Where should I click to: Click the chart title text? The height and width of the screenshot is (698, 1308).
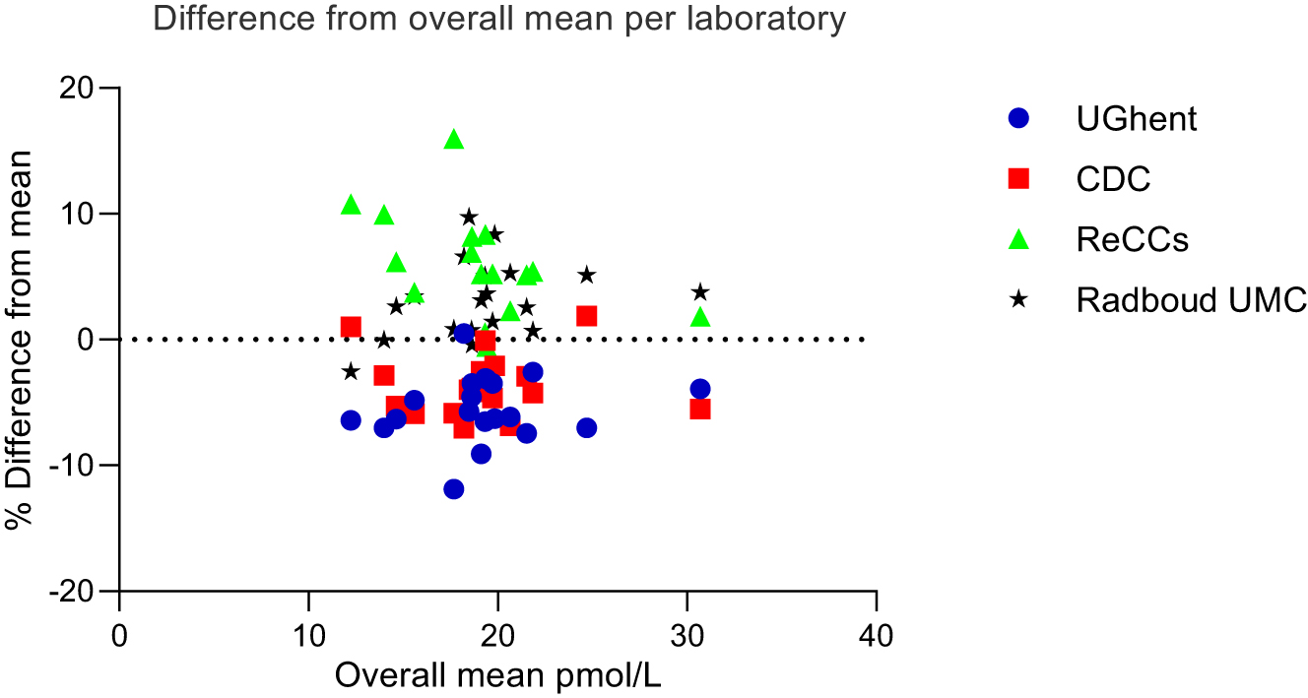point(498,20)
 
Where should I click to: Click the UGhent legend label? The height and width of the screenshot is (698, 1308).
point(1137,119)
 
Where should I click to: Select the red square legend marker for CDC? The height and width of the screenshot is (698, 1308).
point(1018,178)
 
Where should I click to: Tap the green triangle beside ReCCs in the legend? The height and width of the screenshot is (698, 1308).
point(1018,238)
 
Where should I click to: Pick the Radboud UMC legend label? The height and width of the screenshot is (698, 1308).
point(1191,299)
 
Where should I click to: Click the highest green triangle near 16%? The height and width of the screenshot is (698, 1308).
point(454,140)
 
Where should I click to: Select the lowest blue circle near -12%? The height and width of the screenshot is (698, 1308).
point(454,489)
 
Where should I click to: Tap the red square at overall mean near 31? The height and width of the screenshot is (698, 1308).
point(700,409)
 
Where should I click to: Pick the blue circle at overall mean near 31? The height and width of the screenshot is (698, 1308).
point(700,389)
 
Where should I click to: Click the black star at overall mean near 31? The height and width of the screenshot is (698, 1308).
point(700,292)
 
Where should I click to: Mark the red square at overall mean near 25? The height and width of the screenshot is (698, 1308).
point(587,316)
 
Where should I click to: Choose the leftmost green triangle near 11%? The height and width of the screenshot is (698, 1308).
point(351,205)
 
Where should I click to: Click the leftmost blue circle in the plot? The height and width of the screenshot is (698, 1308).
point(351,420)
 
